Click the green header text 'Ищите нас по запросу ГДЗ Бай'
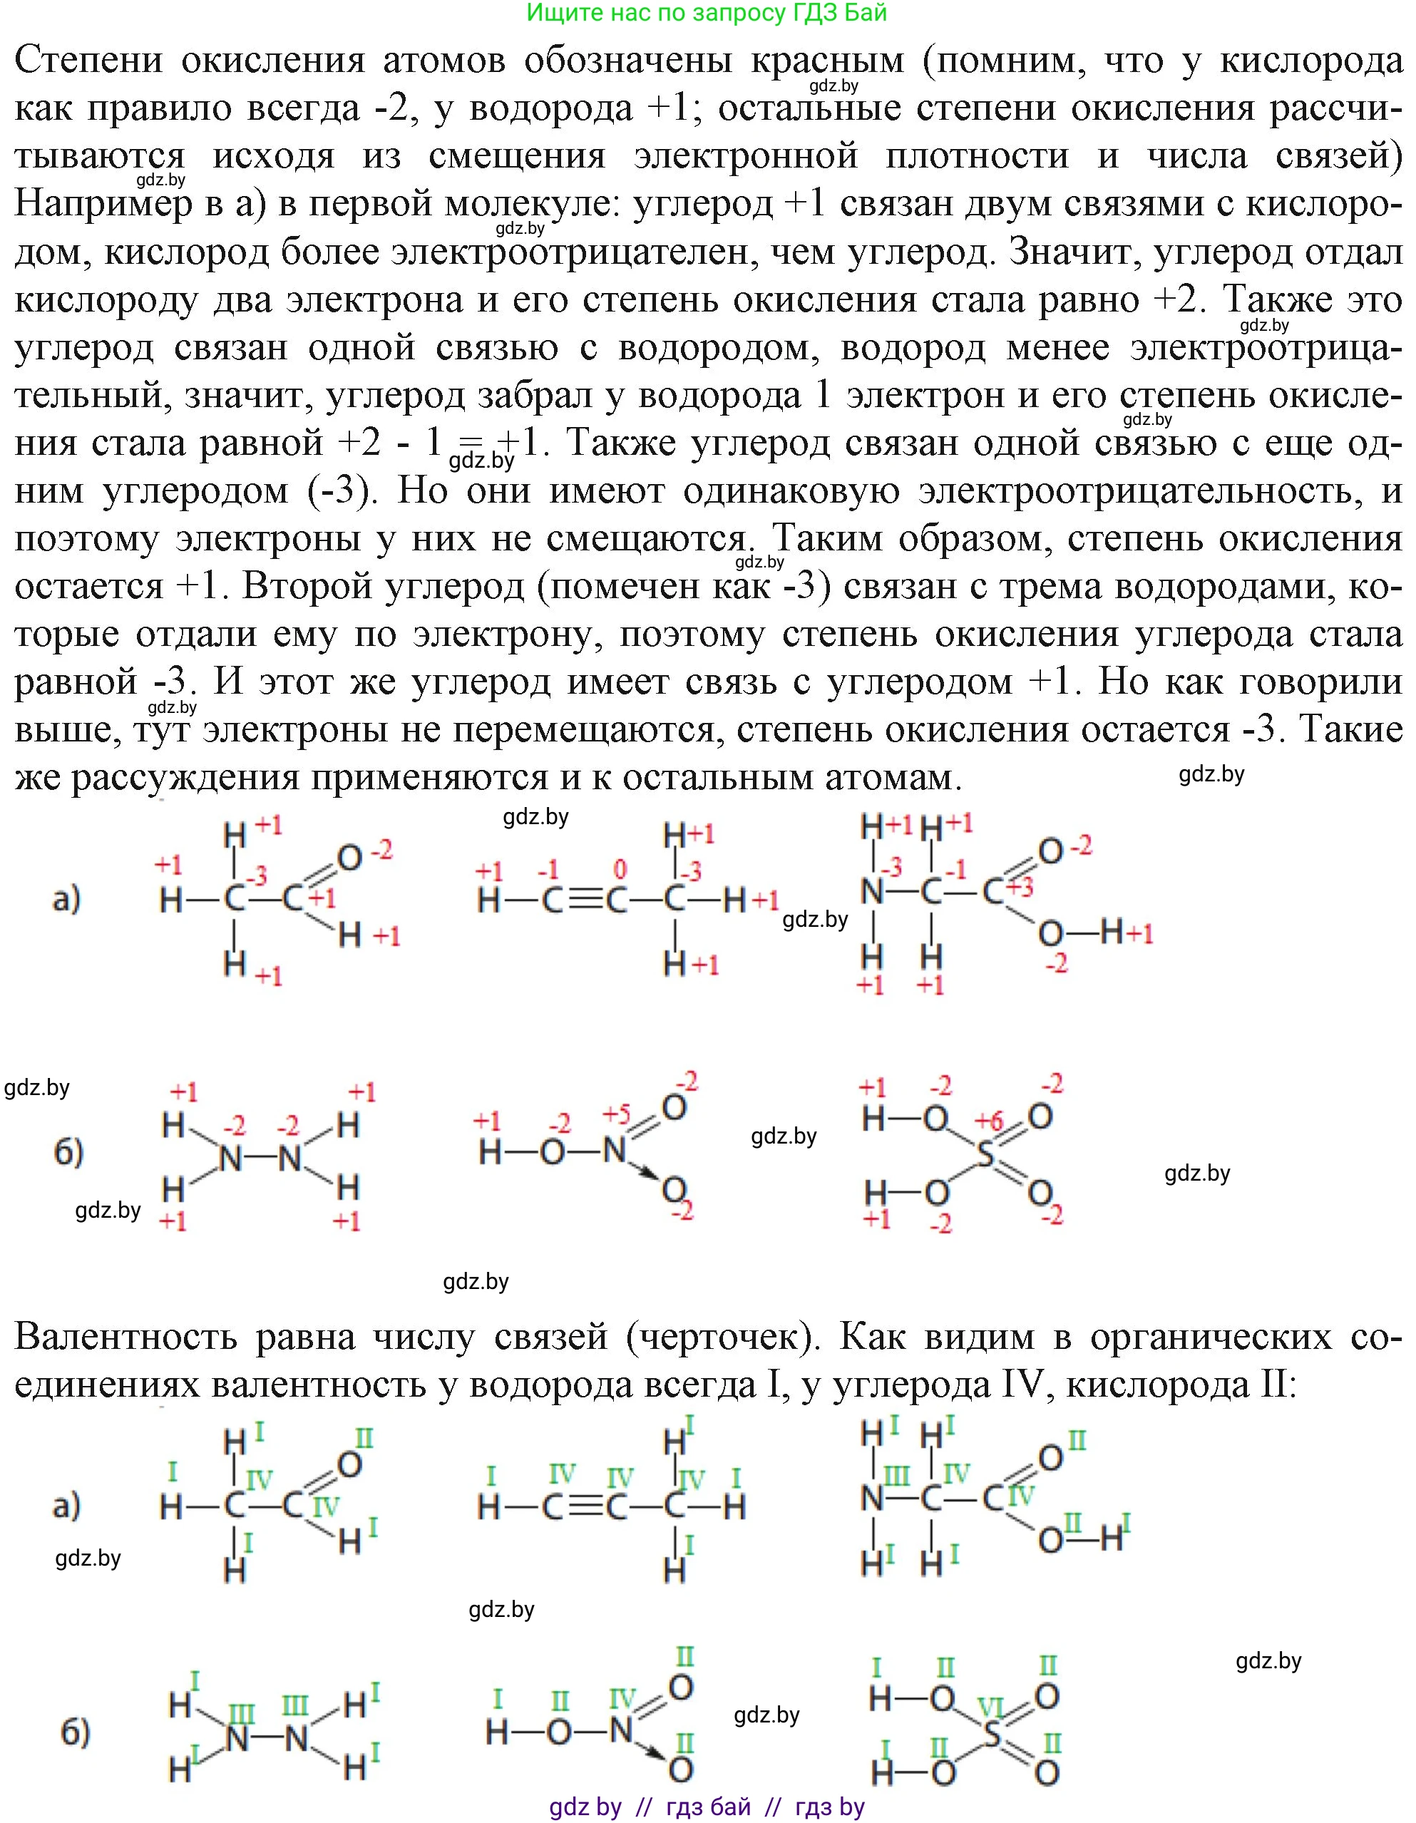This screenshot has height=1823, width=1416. pos(707,14)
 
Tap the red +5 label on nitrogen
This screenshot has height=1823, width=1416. pos(616,1114)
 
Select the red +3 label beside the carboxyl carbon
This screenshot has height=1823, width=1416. pos(1020,885)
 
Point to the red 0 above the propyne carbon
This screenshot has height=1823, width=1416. pos(619,869)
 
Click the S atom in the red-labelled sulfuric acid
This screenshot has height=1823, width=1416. pos(986,1156)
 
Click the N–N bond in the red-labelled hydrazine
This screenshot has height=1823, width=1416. pos(260,1159)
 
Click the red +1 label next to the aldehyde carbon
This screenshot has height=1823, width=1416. pos(323,898)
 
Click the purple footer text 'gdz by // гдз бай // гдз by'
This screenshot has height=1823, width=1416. pos(707,1807)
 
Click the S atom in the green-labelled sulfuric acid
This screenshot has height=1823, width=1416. pos(991,1736)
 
